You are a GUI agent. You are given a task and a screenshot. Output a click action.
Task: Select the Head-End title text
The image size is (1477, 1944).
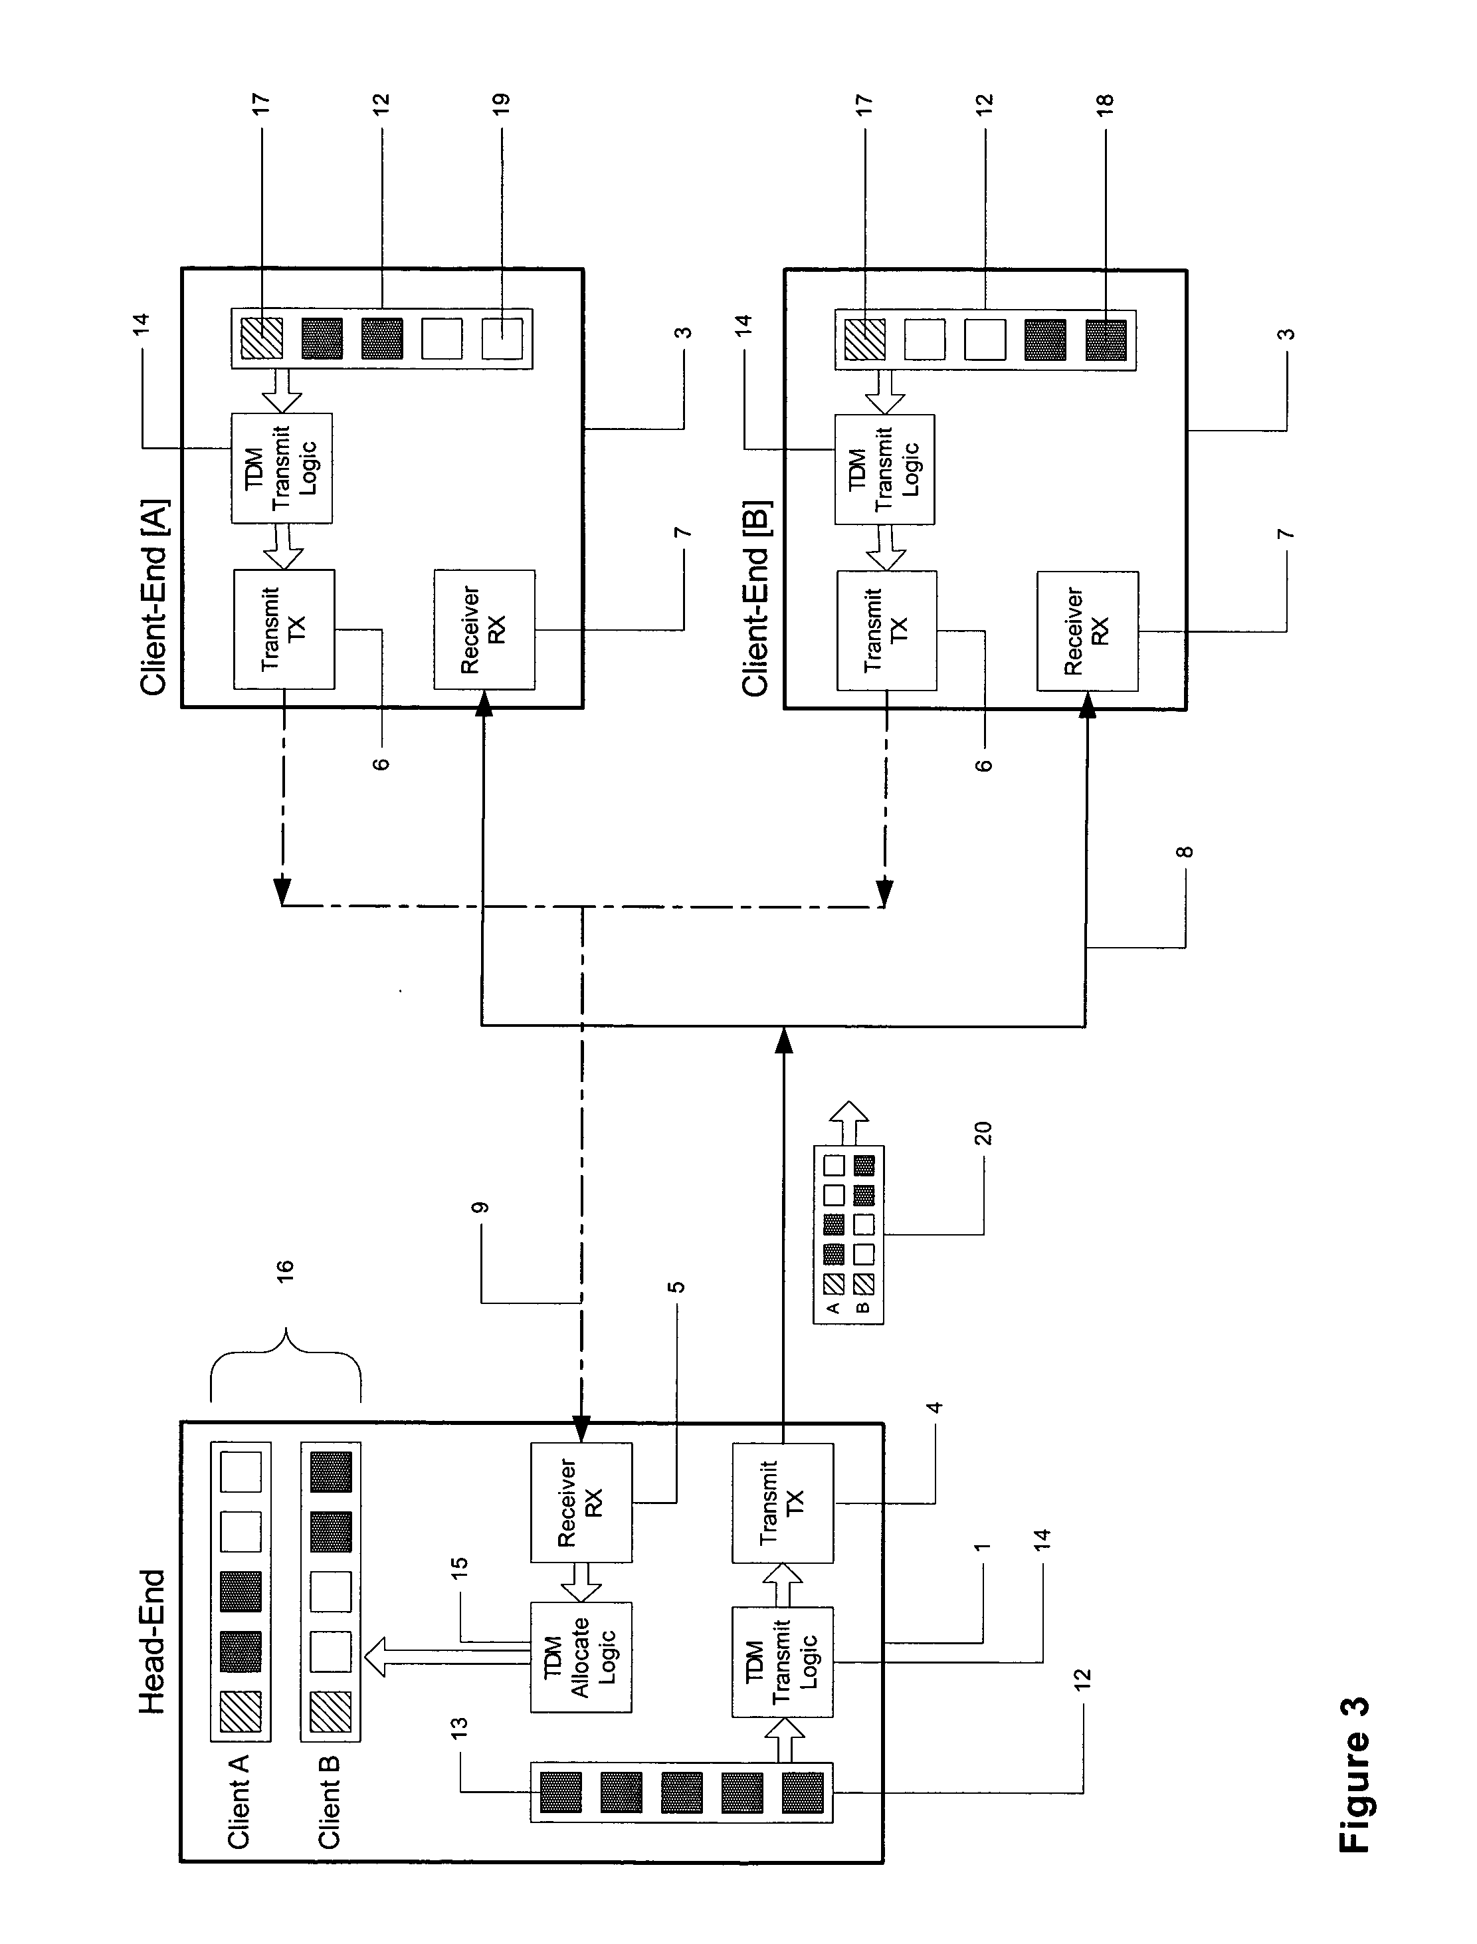coord(152,1641)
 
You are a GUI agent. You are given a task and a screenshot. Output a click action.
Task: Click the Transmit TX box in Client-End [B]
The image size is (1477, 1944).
coord(886,631)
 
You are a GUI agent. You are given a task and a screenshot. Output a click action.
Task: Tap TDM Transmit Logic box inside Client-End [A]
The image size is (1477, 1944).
coord(281,469)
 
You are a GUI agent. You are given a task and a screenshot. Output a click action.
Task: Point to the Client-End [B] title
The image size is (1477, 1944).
coord(756,599)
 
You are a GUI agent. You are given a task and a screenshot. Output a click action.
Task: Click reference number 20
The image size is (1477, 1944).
coord(983,1133)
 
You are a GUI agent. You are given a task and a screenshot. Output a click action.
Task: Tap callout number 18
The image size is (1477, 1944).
coord(1105,101)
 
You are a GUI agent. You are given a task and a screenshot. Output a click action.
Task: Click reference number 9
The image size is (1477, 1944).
coord(479,1207)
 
